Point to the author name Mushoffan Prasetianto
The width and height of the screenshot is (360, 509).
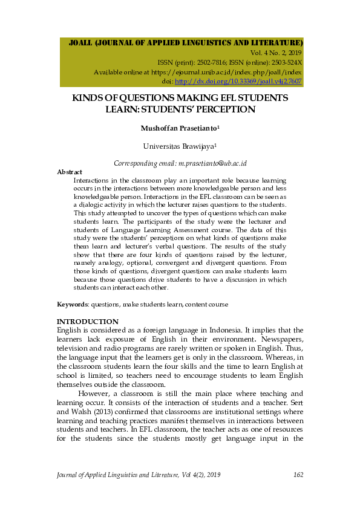coord(178,128)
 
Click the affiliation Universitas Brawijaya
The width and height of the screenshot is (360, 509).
coord(178,146)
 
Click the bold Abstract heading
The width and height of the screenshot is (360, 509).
coord(69,172)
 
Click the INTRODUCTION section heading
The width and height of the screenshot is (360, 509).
coord(87,321)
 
